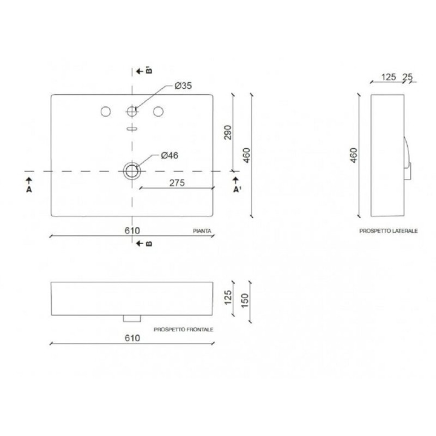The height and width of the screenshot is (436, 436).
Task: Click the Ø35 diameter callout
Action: [183, 86]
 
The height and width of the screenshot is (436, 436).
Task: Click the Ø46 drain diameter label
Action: [169, 155]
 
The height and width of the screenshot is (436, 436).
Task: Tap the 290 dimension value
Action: [228, 132]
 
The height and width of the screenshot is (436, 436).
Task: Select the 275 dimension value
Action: [177, 183]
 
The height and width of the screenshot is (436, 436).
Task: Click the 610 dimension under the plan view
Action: [132, 231]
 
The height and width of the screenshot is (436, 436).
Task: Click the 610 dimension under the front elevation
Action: [132, 338]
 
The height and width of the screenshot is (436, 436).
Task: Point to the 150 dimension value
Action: [245, 300]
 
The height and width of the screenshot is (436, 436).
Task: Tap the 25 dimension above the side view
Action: [408, 77]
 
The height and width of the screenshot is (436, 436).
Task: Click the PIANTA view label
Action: [202, 231]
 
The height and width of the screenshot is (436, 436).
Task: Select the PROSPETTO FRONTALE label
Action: [184, 330]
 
